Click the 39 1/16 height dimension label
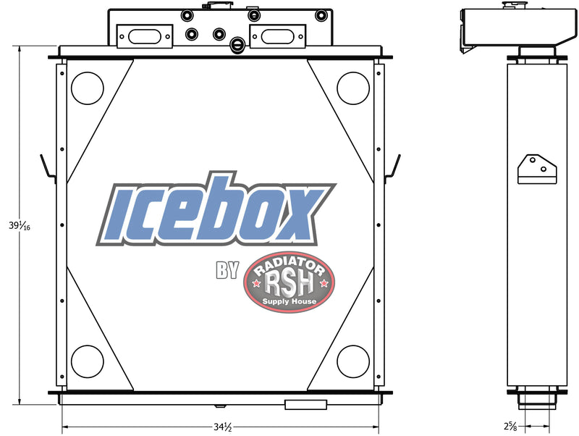[x=20, y=225]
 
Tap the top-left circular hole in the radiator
[x=88, y=88]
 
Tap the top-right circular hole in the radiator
[x=353, y=88]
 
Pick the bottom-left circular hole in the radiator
[x=88, y=361]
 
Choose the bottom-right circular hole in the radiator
[x=353, y=361]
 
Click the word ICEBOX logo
[x=215, y=210]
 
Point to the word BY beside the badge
[x=227, y=271]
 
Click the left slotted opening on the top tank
[x=142, y=35]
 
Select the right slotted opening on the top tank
[x=276, y=35]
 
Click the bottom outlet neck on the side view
[x=536, y=398]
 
